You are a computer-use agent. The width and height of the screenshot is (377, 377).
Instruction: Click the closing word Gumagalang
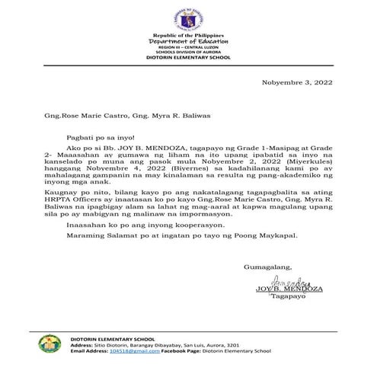pos(266,267)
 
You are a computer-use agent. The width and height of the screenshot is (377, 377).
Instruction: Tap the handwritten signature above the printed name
pos(275,282)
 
